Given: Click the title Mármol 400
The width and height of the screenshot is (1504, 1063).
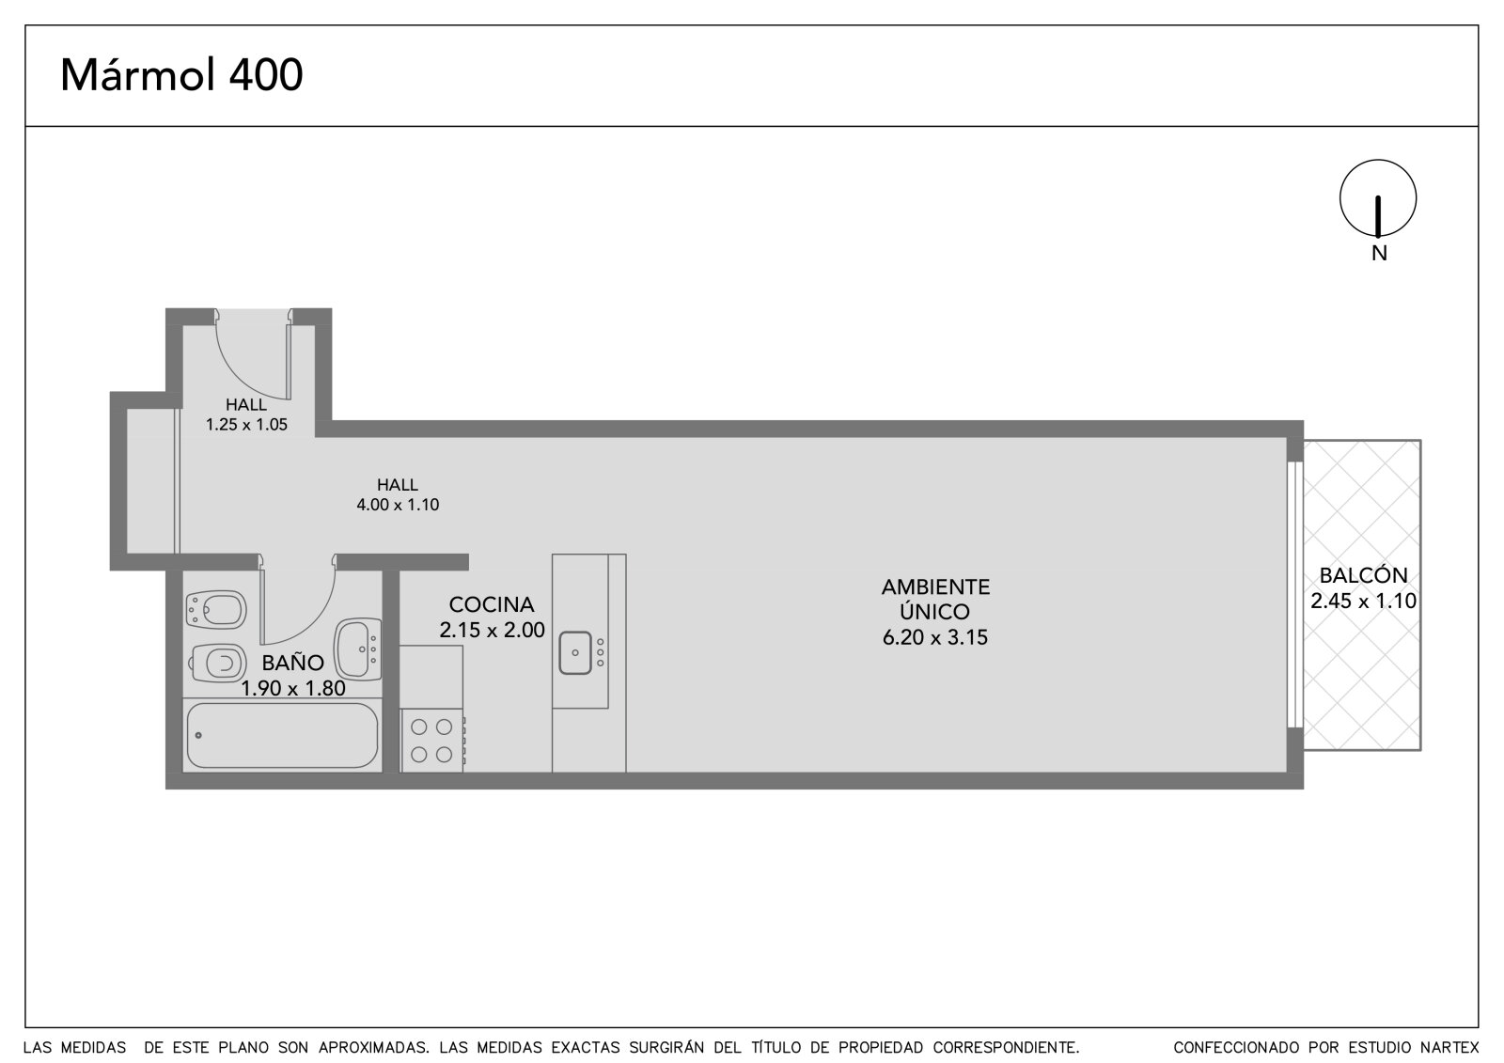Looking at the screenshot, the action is coord(181,74).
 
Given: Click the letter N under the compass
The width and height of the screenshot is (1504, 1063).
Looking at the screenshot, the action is coord(1379,253).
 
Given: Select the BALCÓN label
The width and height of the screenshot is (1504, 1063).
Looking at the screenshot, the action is coord(1363,575).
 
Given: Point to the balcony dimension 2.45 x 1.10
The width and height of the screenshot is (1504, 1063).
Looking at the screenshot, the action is coord(1363,601).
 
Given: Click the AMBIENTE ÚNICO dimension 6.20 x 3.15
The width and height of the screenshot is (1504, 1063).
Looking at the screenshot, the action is coord(935,636).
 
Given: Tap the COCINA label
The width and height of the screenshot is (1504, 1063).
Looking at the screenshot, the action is coord(492,604).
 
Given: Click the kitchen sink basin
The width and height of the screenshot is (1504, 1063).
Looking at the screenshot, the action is coord(575,652).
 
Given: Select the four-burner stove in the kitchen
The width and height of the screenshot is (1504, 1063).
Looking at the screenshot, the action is coord(432,740).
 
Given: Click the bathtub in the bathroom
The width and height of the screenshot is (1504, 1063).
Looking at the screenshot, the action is coord(282,735).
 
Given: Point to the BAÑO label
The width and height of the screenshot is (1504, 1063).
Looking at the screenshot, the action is coord(292,663).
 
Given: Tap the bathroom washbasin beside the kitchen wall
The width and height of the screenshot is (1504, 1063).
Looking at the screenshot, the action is coord(358,649).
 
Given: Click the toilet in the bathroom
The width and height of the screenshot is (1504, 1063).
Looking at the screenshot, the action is coord(217,664).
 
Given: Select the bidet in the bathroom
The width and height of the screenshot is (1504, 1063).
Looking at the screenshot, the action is coord(215,610).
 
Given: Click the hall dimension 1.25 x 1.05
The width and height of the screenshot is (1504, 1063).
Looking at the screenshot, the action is coord(246,425).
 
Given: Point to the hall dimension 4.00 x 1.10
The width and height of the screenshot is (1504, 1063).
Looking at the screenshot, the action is coord(398,505).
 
